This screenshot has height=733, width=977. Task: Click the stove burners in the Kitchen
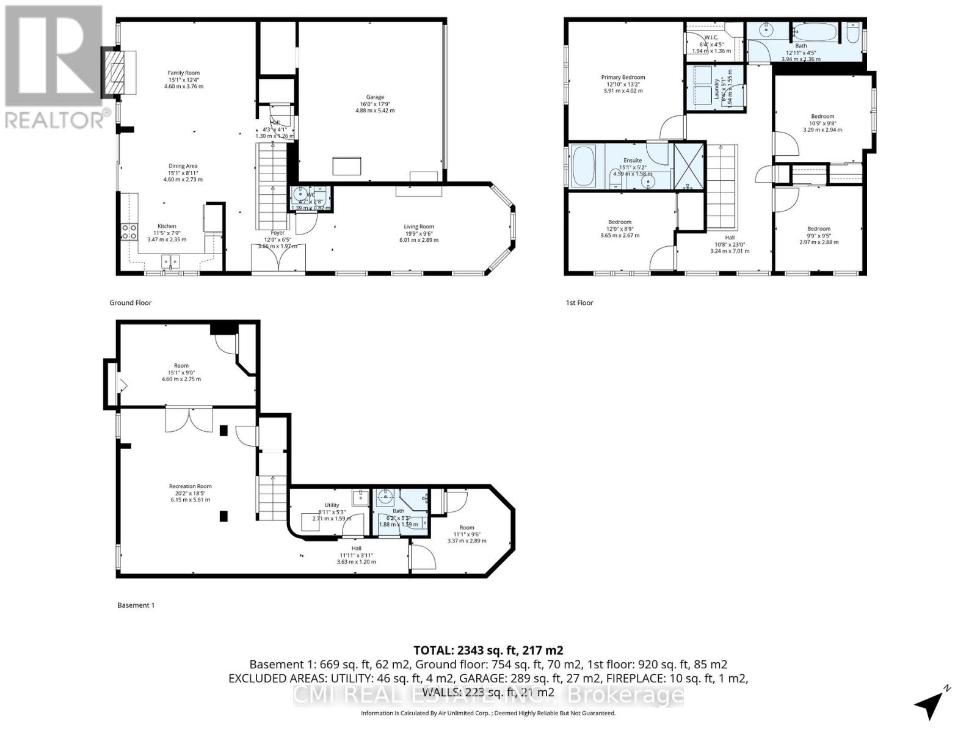point(129,231)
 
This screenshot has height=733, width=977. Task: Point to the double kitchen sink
point(171,262)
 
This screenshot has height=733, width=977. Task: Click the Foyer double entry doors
point(278,259)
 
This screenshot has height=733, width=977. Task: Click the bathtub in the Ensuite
point(586,167)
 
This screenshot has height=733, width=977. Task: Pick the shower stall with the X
point(689,166)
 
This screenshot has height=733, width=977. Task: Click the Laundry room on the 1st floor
point(714,87)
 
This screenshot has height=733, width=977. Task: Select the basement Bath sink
point(385,498)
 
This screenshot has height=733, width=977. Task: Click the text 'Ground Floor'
point(130,303)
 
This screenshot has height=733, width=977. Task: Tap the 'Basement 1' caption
point(136,605)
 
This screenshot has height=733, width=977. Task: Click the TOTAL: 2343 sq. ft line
point(488,650)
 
